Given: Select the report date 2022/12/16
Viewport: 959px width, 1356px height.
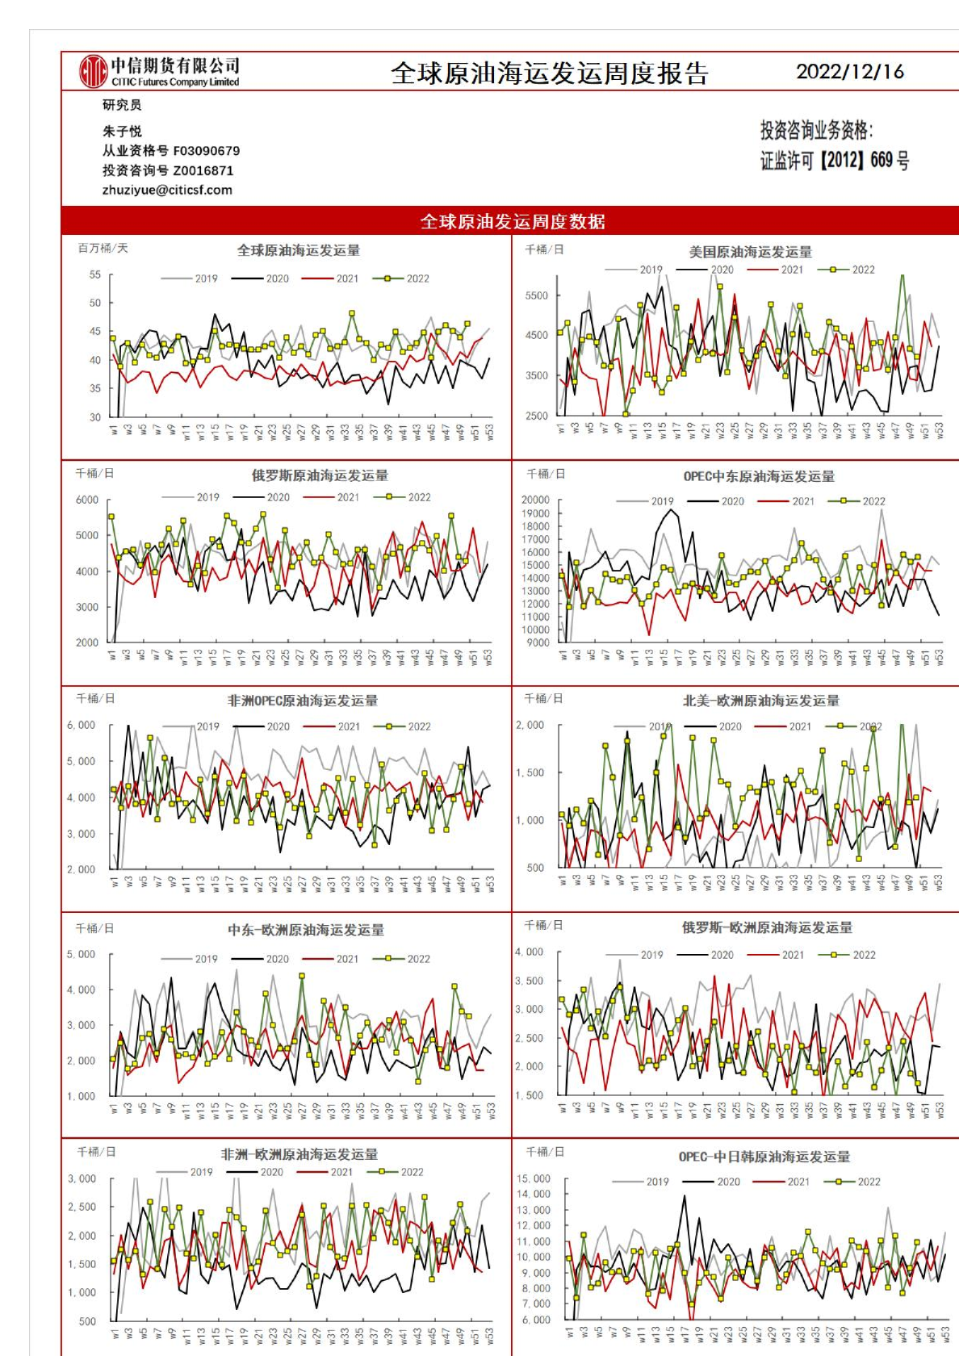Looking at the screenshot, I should pyautogui.click(x=850, y=72).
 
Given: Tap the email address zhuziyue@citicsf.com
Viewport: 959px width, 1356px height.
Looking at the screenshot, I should pyautogui.click(x=167, y=190).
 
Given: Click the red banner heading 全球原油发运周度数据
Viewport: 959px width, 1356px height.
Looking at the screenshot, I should pyautogui.click(x=512, y=221).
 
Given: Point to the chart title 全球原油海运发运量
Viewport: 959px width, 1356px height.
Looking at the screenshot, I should pyautogui.click(x=298, y=250).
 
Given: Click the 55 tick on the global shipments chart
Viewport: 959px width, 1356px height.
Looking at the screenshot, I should pyautogui.click(x=95, y=274).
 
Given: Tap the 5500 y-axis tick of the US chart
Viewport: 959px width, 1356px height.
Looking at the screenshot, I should pyautogui.click(x=537, y=295).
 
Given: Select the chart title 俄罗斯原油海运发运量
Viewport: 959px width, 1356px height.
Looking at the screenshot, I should pyautogui.click(x=320, y=475).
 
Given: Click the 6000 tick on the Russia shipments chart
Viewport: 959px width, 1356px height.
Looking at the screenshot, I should pyautogui.click(x=87, y=500).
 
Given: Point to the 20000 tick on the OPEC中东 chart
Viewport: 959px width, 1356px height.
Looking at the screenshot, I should pyautogui.click(x=535, y=500).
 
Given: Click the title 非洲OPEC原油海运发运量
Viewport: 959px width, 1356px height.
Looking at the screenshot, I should pyautogui.click(x=303, y=701).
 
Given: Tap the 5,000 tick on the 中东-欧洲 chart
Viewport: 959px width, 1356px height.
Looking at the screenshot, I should pyautogui.click(x=81, y=954).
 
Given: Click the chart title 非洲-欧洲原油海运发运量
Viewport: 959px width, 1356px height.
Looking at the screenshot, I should pyautogui.click(x=299, y=1154).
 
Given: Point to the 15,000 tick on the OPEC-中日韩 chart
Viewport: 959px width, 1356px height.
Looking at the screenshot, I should pyautogui.click(x=533, y=1178).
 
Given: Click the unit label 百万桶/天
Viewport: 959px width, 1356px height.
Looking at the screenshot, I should pyautogui.click(x=103, y=248).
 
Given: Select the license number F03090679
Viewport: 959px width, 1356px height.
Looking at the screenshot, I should pyautogui.click(x=207, y=151).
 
